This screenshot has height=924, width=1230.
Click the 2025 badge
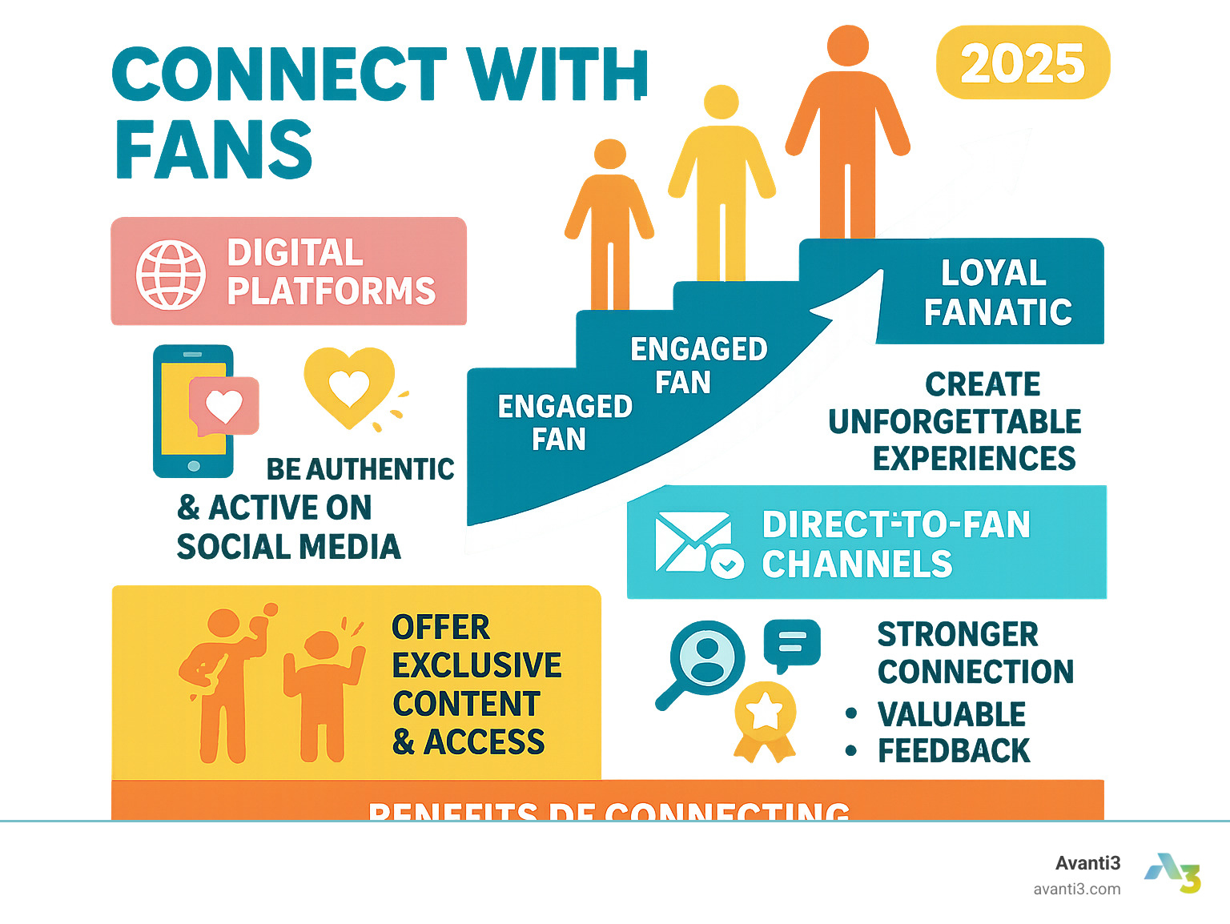pos(1023,63)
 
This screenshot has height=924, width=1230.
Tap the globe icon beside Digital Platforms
pos(171,274)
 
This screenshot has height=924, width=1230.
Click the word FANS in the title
pos(214,150)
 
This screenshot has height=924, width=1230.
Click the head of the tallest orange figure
pos(848,46)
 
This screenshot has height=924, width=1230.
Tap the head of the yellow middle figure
pos(722,102)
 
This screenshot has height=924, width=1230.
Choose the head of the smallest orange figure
pos(610,155)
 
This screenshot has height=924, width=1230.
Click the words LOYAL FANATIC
pos(996,293)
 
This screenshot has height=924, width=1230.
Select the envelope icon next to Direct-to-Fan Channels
pos(693,543)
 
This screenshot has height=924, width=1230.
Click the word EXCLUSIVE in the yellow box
pos(476,665)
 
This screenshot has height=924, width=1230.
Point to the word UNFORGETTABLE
pos(955,422)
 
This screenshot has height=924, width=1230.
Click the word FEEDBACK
pos(954,751)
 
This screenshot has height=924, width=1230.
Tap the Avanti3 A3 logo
pos(1173,872)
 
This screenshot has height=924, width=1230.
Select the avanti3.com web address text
pos(1076,889)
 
